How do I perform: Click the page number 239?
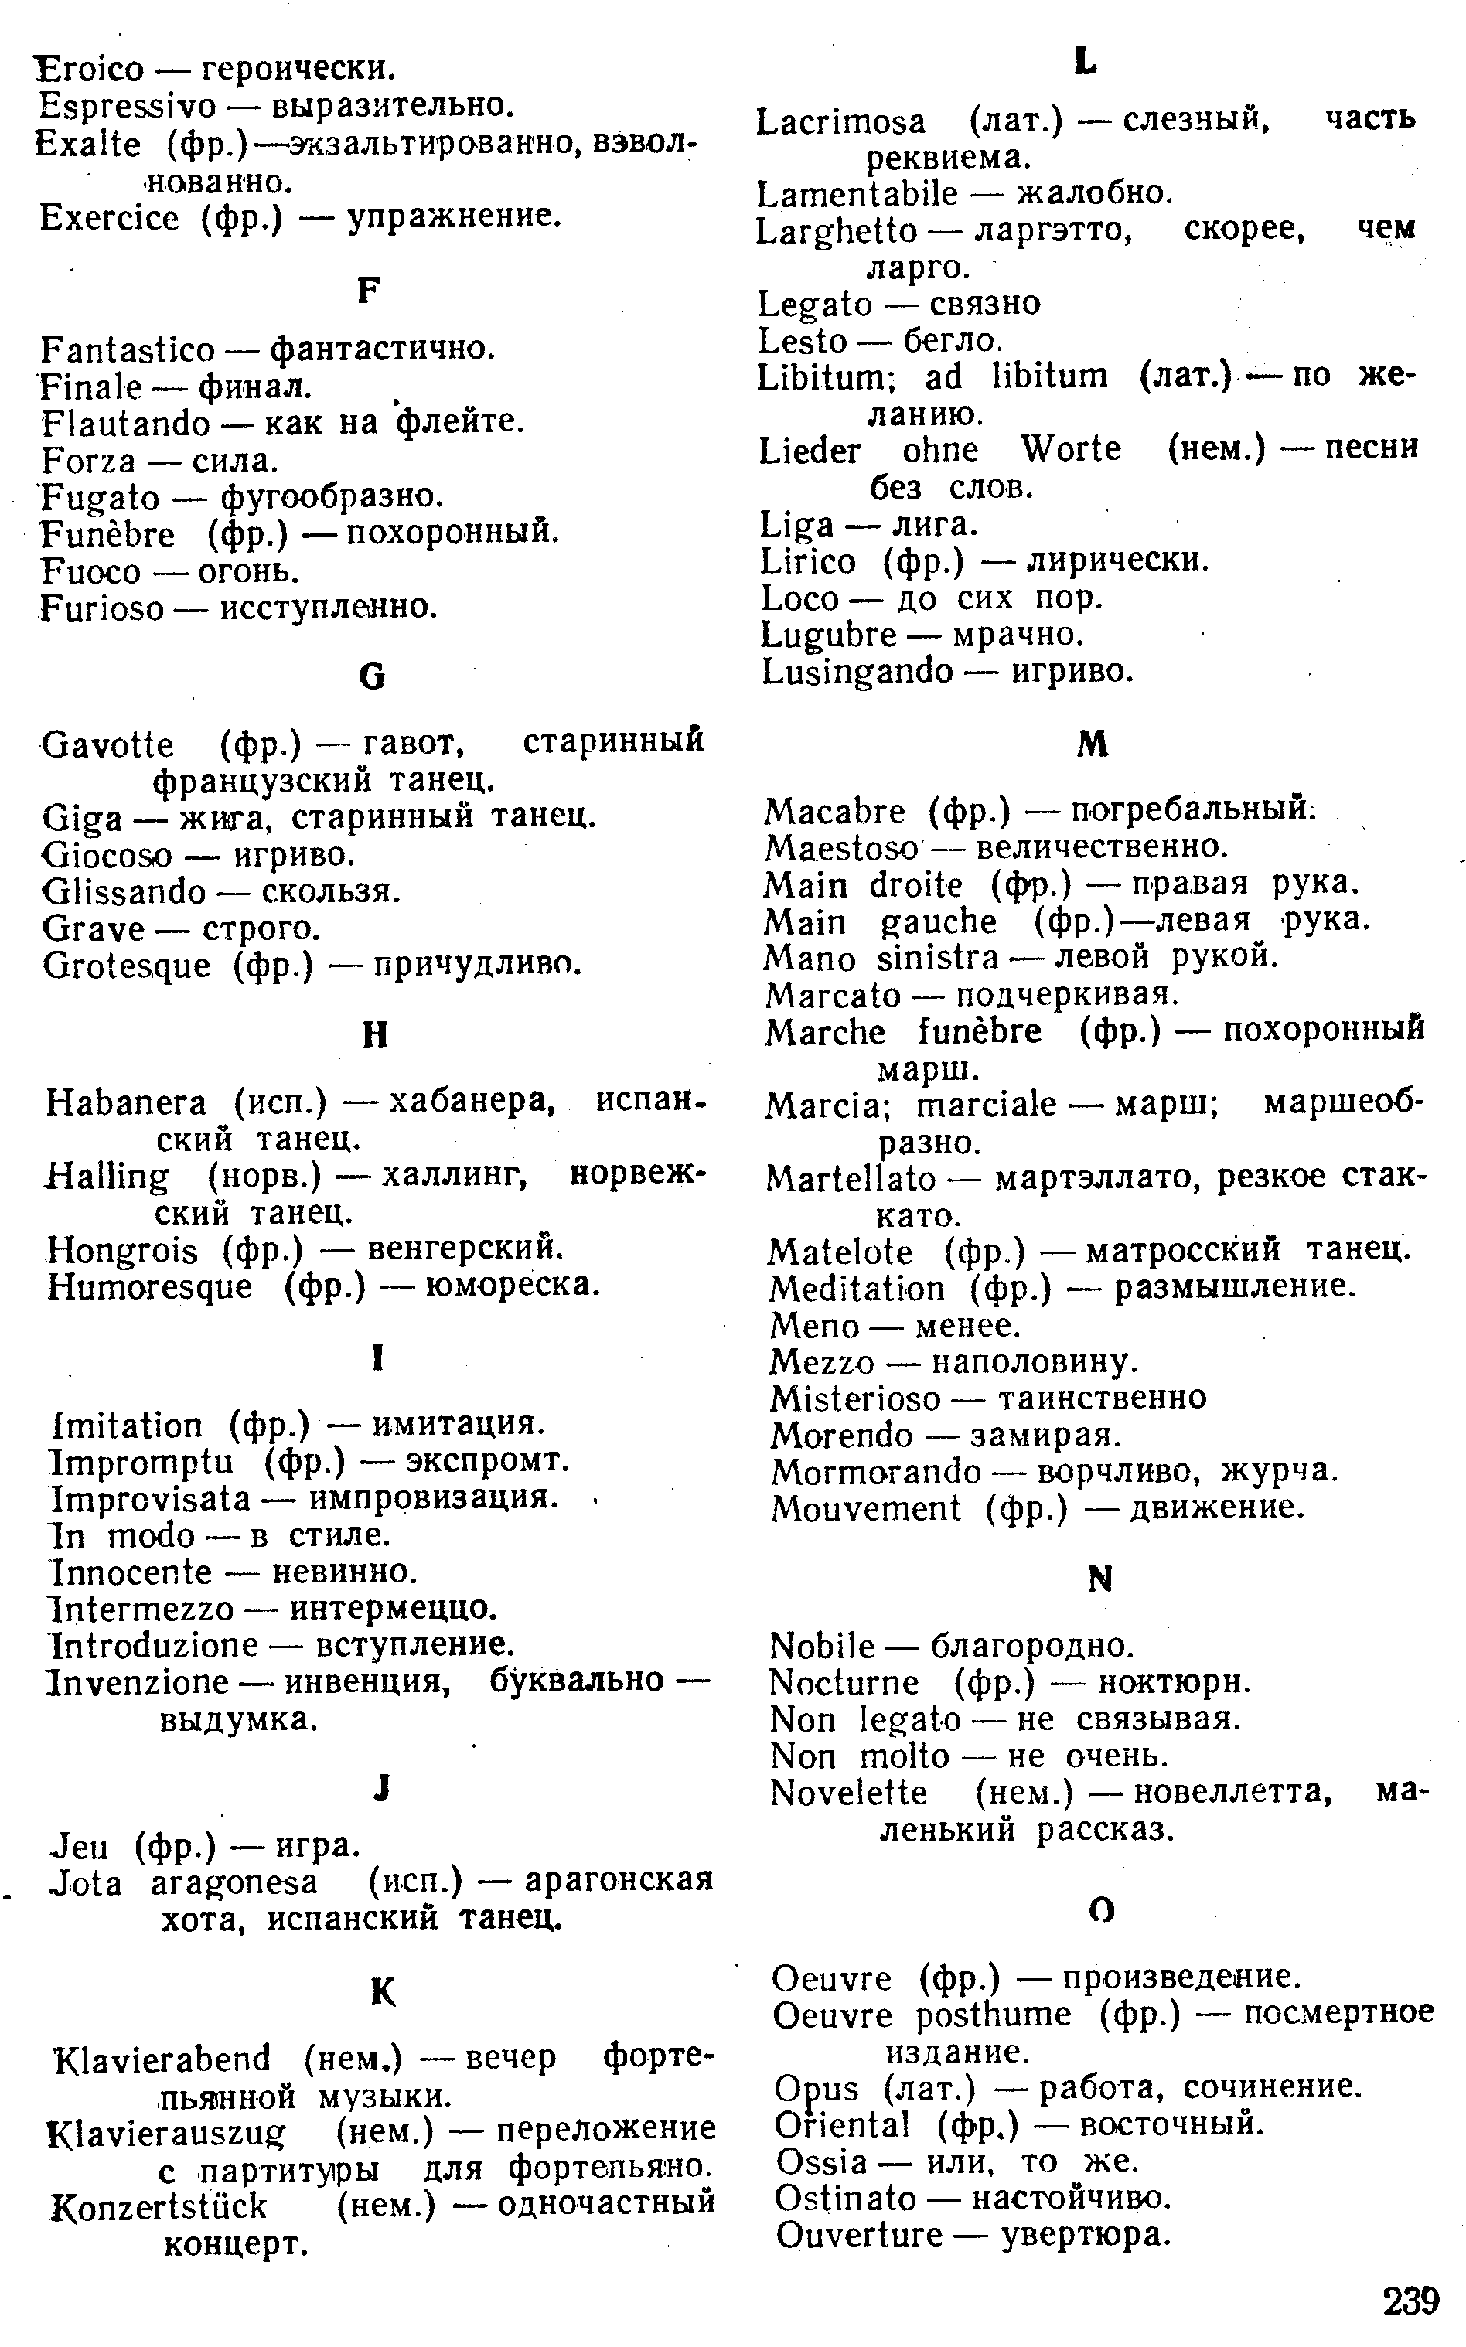[x=1411, y=2300]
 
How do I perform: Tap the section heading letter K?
[x=383, y=1992]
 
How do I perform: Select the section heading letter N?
[x=1099, y=1580]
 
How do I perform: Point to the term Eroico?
[x=89, y=69]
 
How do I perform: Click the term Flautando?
[x=126, y=424]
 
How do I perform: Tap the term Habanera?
[x=126, y=1103]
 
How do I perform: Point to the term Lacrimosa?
[x=840, y=122]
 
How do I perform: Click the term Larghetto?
[x=837, y=230]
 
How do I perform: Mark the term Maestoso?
[x=840, y=848]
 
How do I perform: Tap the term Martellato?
[x=851, y=1179]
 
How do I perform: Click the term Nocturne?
[x=844, y=1683]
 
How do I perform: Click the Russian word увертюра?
[x=1086, y=2236]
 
